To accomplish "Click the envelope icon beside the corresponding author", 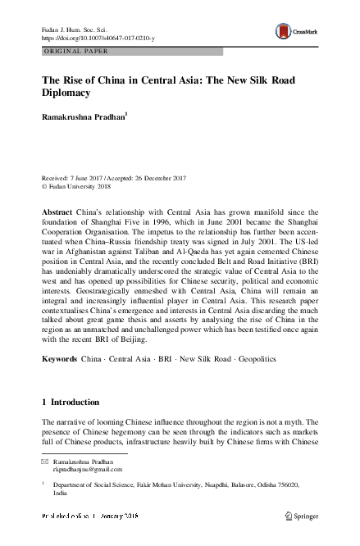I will tap(45, 462).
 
